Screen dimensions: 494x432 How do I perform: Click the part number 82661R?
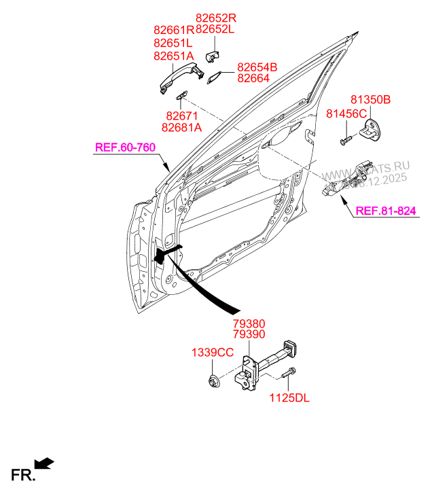(174, 30)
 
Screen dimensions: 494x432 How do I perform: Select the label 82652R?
(215, 18)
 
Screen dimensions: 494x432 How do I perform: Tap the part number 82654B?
(257, 67)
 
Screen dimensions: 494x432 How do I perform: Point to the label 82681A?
(182, 128)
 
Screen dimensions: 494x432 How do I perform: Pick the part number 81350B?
(370, 99)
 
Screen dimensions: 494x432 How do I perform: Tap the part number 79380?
(249, 324)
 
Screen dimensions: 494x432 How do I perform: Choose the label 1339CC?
(212, 352)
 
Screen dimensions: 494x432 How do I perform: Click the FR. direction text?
(22, 475)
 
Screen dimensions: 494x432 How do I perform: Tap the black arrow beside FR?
(44, 463)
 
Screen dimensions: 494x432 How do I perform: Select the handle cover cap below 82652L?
(213, 54)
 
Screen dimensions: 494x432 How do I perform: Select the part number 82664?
(253, 78)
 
